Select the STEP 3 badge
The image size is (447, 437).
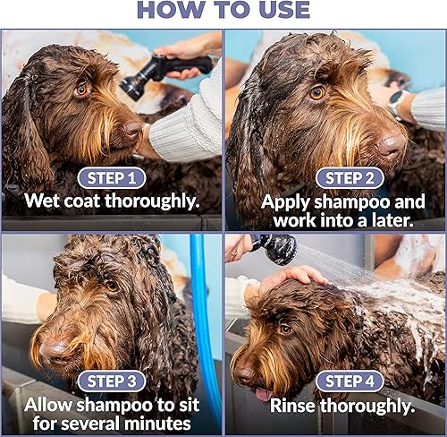click(111, 380)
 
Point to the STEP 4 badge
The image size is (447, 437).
click(334, 380)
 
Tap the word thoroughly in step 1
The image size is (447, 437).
click(151, 201)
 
